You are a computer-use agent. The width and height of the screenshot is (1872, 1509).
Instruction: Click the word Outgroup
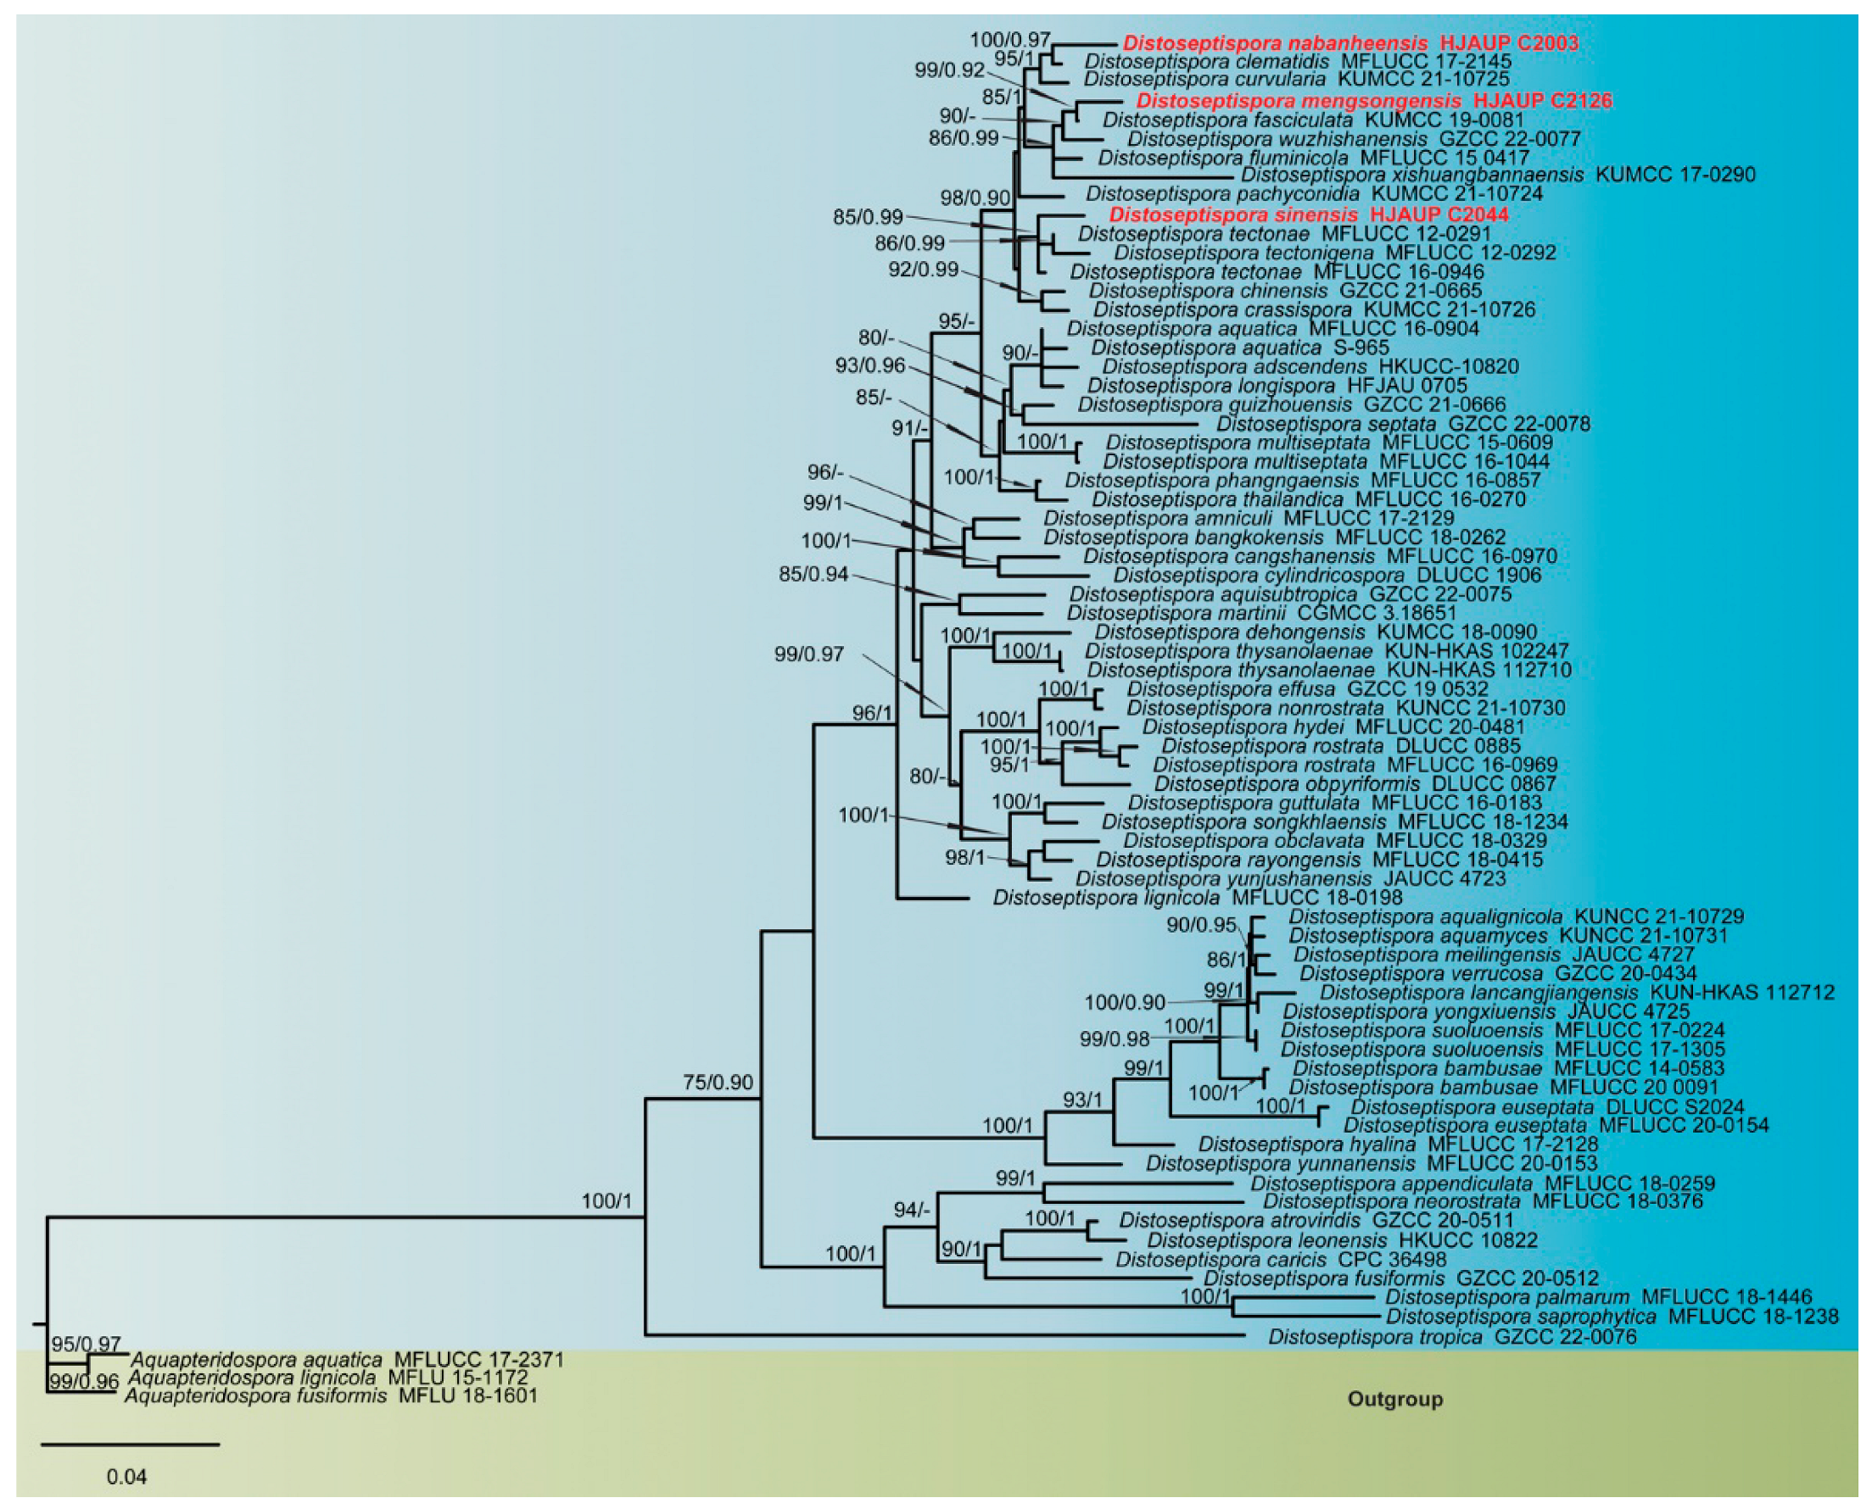(x=1394, y=1400)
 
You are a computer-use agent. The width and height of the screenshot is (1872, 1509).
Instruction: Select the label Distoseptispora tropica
(x=1375, y=1337)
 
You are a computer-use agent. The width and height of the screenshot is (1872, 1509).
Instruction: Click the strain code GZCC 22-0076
(x=1565, y=1337)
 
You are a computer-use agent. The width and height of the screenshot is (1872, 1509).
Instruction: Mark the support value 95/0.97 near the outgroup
(x=86, y=1345)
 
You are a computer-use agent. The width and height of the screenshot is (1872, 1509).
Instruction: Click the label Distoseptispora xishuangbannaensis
(x=1413, y=175)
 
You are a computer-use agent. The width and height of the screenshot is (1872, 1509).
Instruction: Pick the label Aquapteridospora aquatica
(x=256, y=1360)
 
